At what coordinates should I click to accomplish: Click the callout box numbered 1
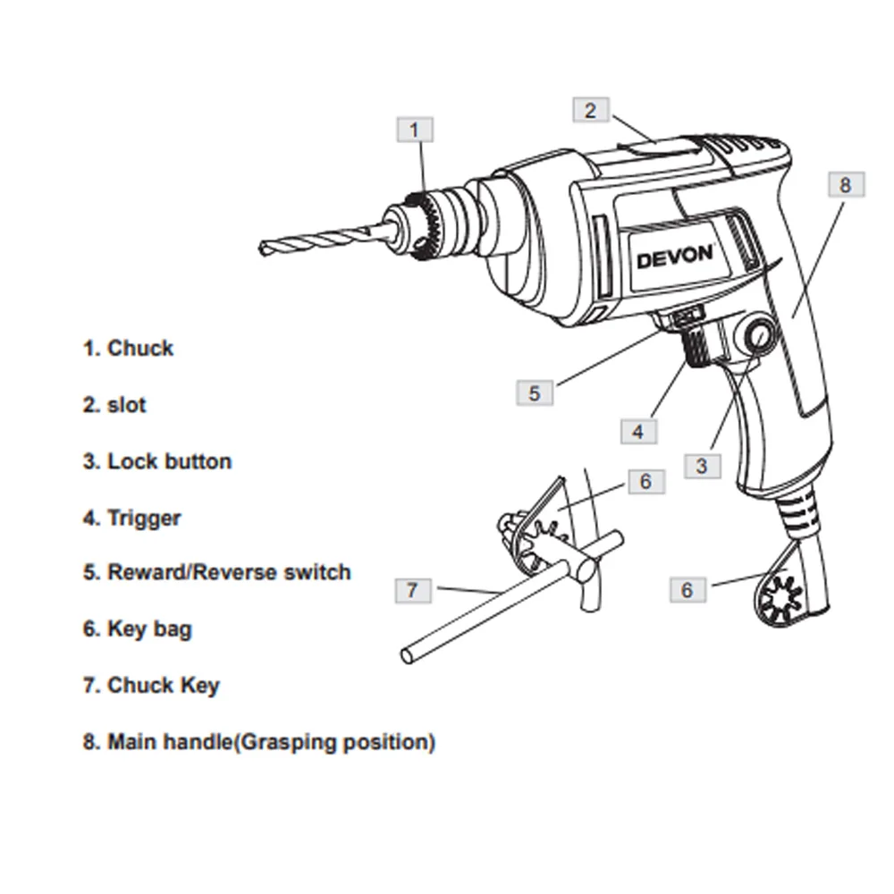pyautogui.click(x=414, y=131)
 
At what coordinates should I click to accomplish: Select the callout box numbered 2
pyautogui.click(x=590, y=111)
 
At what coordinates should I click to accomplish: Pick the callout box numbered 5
pyautogui.click(x=535, y=392)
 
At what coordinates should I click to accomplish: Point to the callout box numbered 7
pyautogui.click(x=412, y=590)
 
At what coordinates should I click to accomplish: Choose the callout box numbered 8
pyautogui.click(x=845, y=185)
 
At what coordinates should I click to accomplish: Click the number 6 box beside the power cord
pyautogui.click(x=687, y=590)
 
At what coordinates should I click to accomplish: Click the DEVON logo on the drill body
pyautogui.click(x=675, y=256)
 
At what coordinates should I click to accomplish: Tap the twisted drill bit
pyautogui.click(x=313, y=240)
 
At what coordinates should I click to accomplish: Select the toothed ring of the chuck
pyautogui.click(x=427, y=225)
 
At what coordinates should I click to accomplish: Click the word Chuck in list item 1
pyautogui.click(x=140, y=348)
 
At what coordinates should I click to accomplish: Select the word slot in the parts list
pyautogui.click(x=126, y=405)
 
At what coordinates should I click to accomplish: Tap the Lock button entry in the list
pyautogui.click(x=169, y=461)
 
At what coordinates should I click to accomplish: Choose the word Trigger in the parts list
pyautogui.click(x=144, y=518)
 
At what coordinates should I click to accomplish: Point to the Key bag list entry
pyautogui.click(x=149, y=628)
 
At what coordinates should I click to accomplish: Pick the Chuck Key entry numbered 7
pyautogui.click(x=164, y=686)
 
